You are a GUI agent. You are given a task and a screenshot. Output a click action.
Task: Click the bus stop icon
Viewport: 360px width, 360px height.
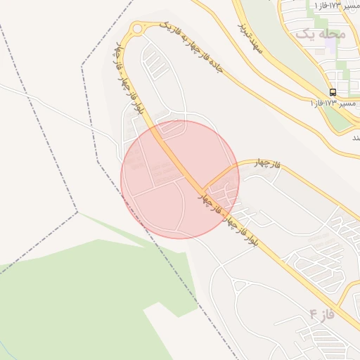pos(333,92)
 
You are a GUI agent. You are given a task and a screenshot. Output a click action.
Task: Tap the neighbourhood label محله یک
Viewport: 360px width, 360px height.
pos(321,34)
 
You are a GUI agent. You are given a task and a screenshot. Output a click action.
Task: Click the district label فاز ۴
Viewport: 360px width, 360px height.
pos(321,314)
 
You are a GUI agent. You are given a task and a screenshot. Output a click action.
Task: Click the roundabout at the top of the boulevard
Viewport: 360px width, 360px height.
pos(135,30)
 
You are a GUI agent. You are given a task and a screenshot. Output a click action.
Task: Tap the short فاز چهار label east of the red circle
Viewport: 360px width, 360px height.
pos(268,165)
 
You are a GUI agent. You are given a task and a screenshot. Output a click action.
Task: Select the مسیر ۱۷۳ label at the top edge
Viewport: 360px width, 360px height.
pos(331,5)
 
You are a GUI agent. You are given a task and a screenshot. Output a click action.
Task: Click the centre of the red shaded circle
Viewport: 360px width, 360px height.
pos(180,179)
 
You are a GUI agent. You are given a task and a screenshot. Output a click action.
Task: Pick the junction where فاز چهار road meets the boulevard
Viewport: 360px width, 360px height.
pos(205,188)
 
